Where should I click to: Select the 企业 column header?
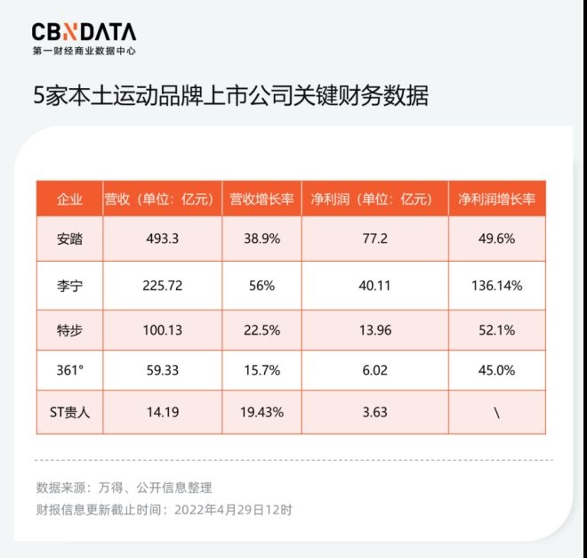click(x=69, y=198)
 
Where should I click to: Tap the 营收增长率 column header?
click(x=261, y=198)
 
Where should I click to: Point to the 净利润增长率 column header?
click(x=496, y=198)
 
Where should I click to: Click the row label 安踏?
click(x=69, y=239)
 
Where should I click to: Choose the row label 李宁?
click(x=69, y=286)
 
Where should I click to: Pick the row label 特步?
click(x=69, y=330)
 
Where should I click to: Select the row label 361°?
click(x=69, y=370)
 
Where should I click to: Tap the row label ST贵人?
click(x=69, y=412)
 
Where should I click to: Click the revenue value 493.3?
click(x=162, y=239)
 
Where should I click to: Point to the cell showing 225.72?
click(x=162, y=286)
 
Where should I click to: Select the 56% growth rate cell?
click(x=261, y=286)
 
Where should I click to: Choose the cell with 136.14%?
click(x=496, y=286)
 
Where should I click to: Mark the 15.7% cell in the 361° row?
click(x=261, y=370)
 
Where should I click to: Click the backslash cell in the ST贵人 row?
click(x=496, y=412)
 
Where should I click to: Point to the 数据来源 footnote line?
click(x=125, y=488)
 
